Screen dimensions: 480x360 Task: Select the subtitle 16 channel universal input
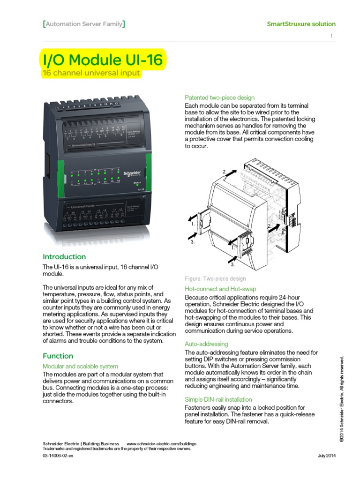(91, 74)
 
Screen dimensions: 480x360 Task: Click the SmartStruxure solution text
(301, 24)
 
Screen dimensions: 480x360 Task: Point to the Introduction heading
(64, 256)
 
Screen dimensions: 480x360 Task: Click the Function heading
(58, 356)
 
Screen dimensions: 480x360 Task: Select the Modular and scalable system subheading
(81, 366)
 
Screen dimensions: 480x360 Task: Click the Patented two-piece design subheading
(220, 97)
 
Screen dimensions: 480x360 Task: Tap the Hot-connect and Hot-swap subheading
(220, 289)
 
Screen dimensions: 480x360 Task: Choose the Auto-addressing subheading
(206, 344)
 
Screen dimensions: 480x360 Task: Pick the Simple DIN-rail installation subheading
(218, 399)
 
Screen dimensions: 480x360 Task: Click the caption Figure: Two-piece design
(215, 278)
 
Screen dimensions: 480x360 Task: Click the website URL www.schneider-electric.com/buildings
(161, 443)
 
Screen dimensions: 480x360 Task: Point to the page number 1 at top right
(331, 37)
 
